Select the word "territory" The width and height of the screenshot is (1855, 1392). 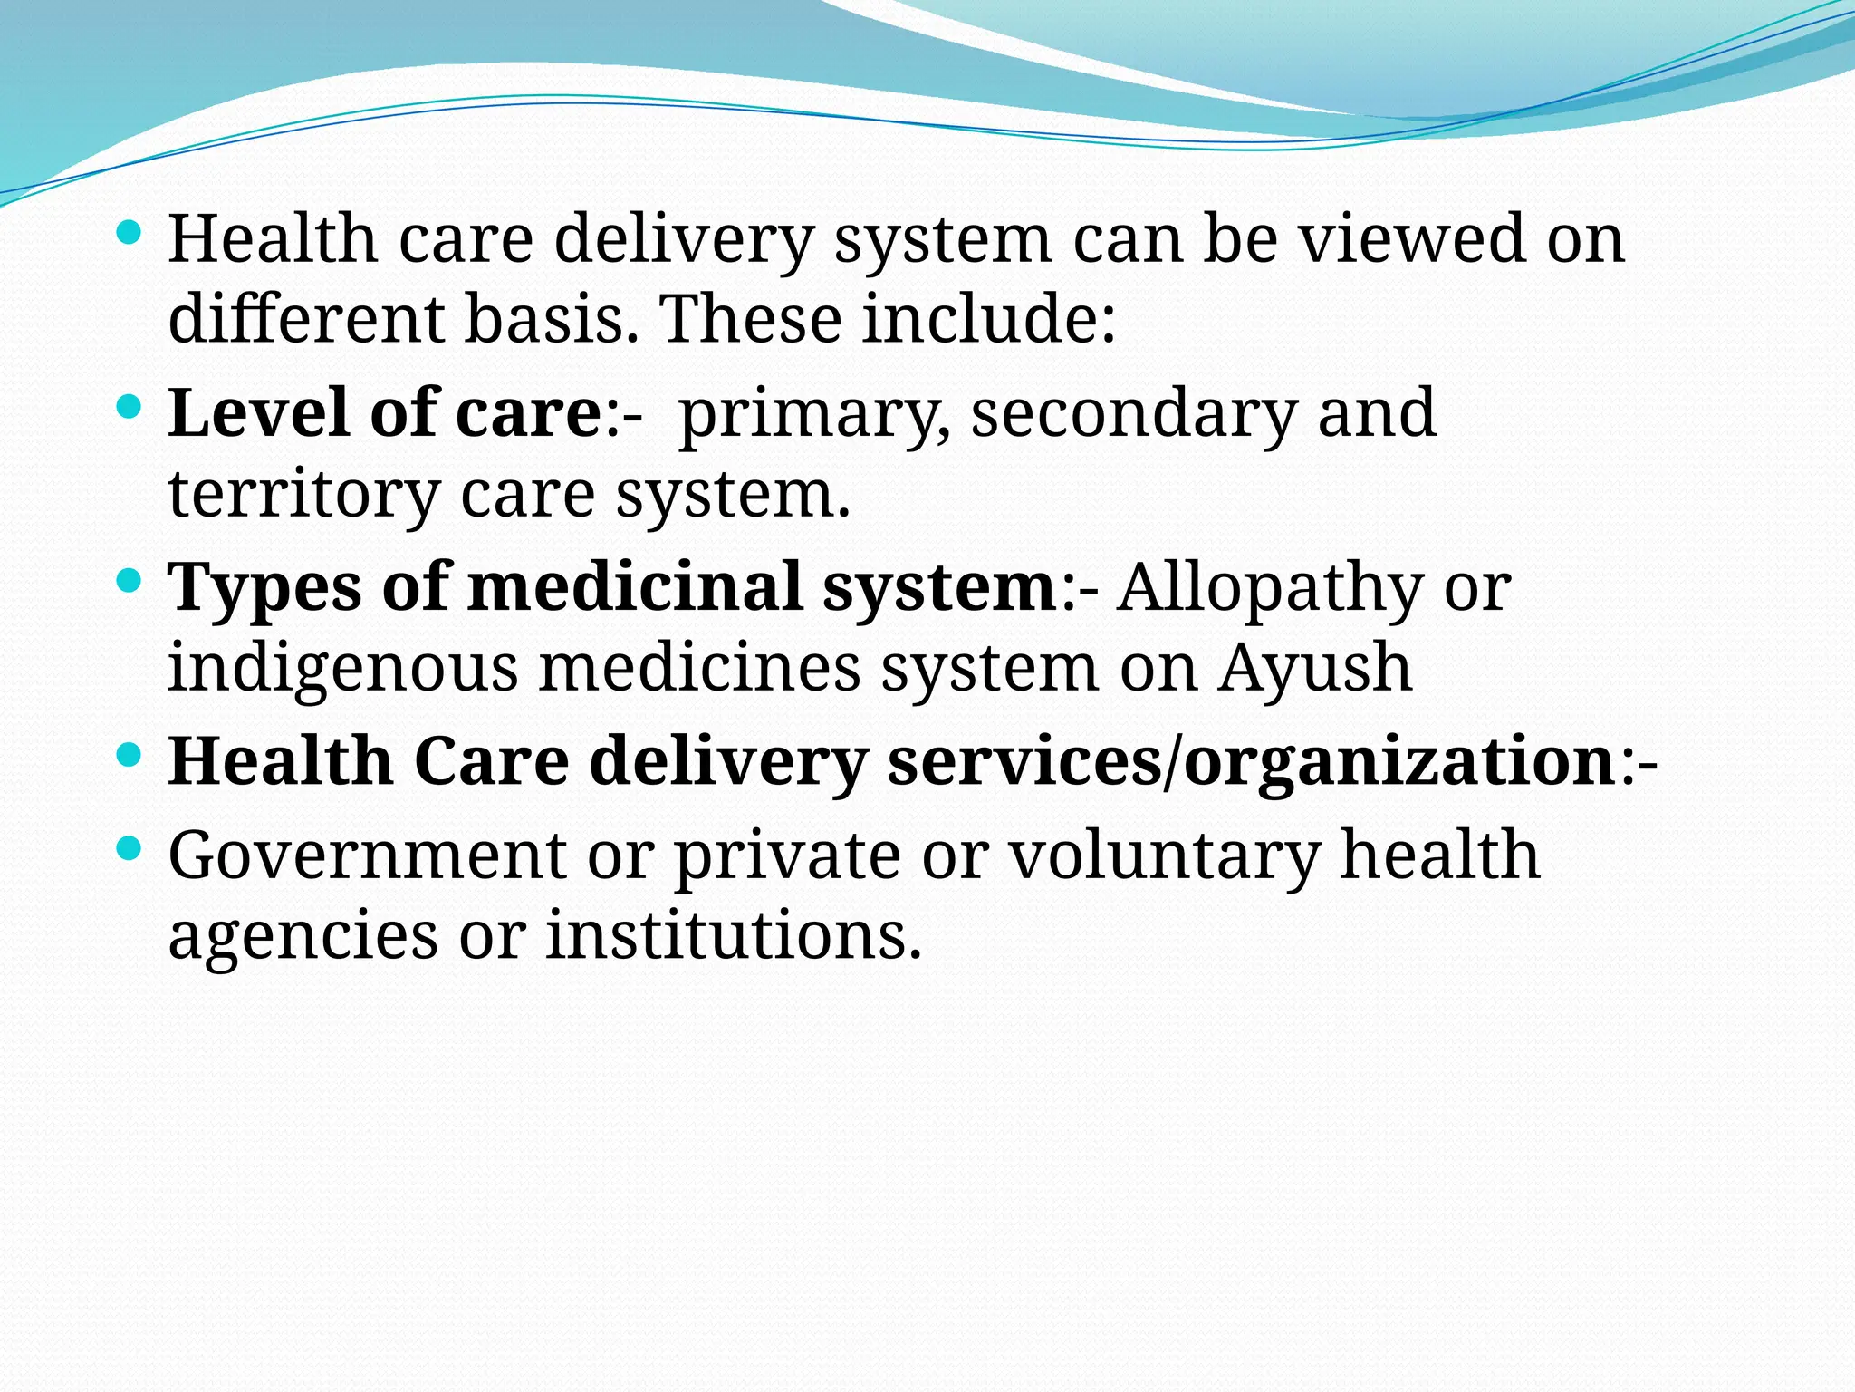303,495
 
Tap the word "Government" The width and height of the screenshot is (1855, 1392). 367,855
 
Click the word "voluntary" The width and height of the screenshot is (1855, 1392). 1164,857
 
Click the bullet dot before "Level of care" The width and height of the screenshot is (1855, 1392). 130,407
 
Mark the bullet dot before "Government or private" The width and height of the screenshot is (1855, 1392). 130,849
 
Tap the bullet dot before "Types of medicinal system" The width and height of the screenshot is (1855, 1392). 130,581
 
